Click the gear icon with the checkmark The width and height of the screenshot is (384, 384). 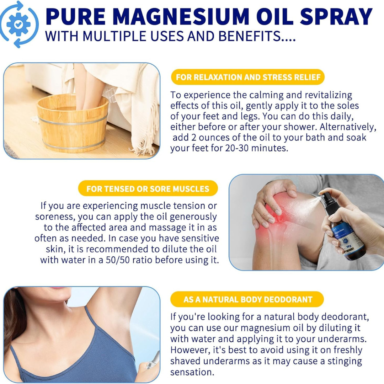18,24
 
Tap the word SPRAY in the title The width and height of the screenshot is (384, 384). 336,17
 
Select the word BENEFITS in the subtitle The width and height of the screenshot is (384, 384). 249,36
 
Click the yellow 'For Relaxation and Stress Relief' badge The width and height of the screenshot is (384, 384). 248,77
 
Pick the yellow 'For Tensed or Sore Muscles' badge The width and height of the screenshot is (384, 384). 148,188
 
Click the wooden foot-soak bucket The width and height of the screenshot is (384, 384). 73,122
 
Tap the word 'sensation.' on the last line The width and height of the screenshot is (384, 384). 192,372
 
